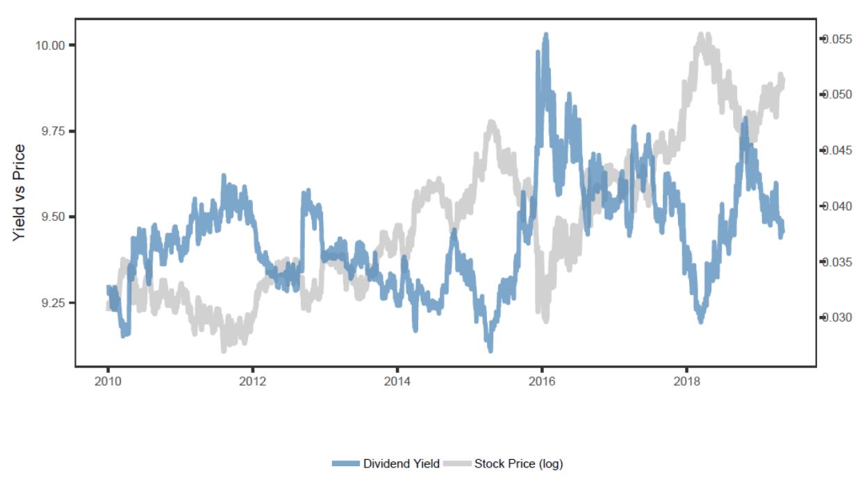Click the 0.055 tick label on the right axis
[837, 39]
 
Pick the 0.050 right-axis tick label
[837, 94]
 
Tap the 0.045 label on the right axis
[837, 151]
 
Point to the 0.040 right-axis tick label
[837, 206]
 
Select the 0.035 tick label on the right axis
[837, 262]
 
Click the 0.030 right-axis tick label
[837, 317]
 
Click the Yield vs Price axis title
[19, 192]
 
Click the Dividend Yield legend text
[401, 464]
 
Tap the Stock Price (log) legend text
[518, 464]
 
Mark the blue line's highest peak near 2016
[546, 35]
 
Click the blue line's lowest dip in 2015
[490, 349]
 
